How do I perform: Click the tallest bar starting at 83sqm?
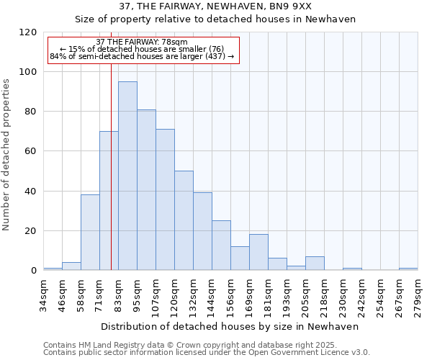click(x=127, y=176)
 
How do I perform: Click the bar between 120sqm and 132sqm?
click(x=184, y=220)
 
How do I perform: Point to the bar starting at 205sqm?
click(x=315, y=263)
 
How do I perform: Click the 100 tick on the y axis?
click(x=31, y=72)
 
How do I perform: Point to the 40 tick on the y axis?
click(x=31, y=192)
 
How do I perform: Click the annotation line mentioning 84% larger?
click(x=142, y=56)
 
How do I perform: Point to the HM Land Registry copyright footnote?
click(x=206, y=345)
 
